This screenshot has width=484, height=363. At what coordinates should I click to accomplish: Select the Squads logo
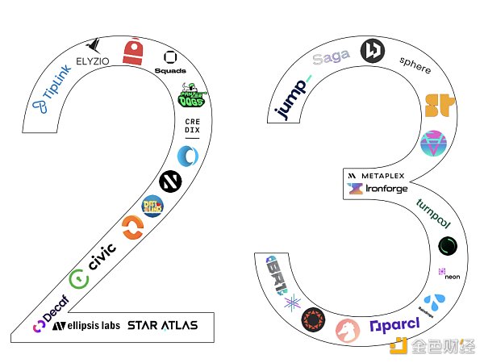point(170,62)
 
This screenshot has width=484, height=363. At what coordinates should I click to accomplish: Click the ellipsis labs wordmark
point(88,326)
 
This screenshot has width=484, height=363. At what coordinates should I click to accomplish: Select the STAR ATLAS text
point(161,324)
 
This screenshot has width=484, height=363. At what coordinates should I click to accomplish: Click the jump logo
point(294,99)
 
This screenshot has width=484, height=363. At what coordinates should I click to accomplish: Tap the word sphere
point(415,65)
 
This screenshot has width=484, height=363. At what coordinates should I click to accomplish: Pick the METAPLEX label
point(378,175)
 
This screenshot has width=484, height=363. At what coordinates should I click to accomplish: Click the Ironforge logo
point(378,189)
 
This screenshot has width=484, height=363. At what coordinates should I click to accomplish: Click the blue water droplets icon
point(436,302)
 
